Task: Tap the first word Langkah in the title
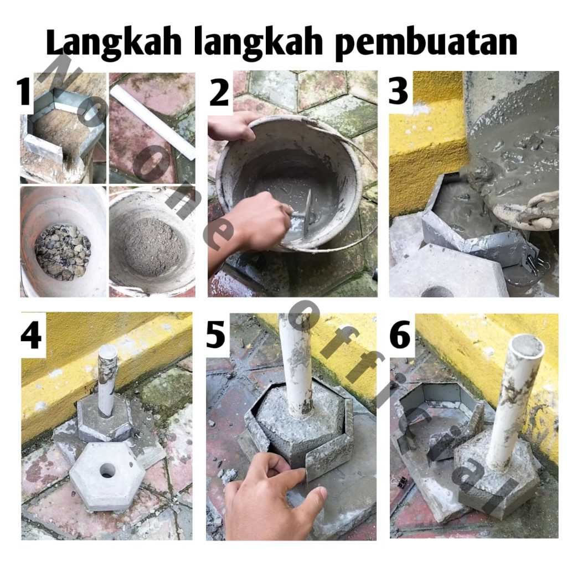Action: pos(113,42)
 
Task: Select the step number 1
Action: pos(24,92)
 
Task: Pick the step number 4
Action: pos(31,336)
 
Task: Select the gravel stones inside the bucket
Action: pos(62,252)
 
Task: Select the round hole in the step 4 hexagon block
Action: pos(108,471)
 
